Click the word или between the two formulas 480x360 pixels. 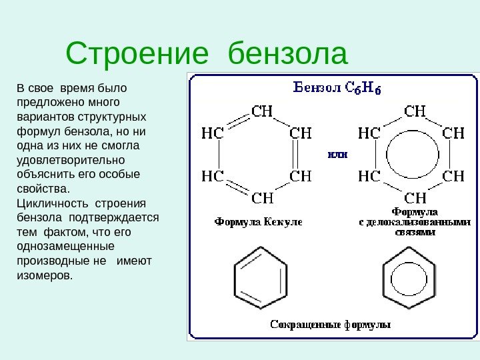(x=337, y=154)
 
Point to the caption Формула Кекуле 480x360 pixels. (x=257, y=221)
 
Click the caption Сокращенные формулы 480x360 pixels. (x=330, y=325)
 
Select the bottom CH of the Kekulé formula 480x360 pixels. (x=263, y=198)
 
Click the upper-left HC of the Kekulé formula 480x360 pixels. (x=212, y=133)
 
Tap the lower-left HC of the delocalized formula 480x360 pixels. (x=369, y=176)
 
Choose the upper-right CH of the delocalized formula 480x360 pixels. (x=453, y=133)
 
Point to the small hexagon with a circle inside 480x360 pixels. (x=409, y=277)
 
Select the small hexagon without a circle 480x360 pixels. (x=260, y=277)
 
